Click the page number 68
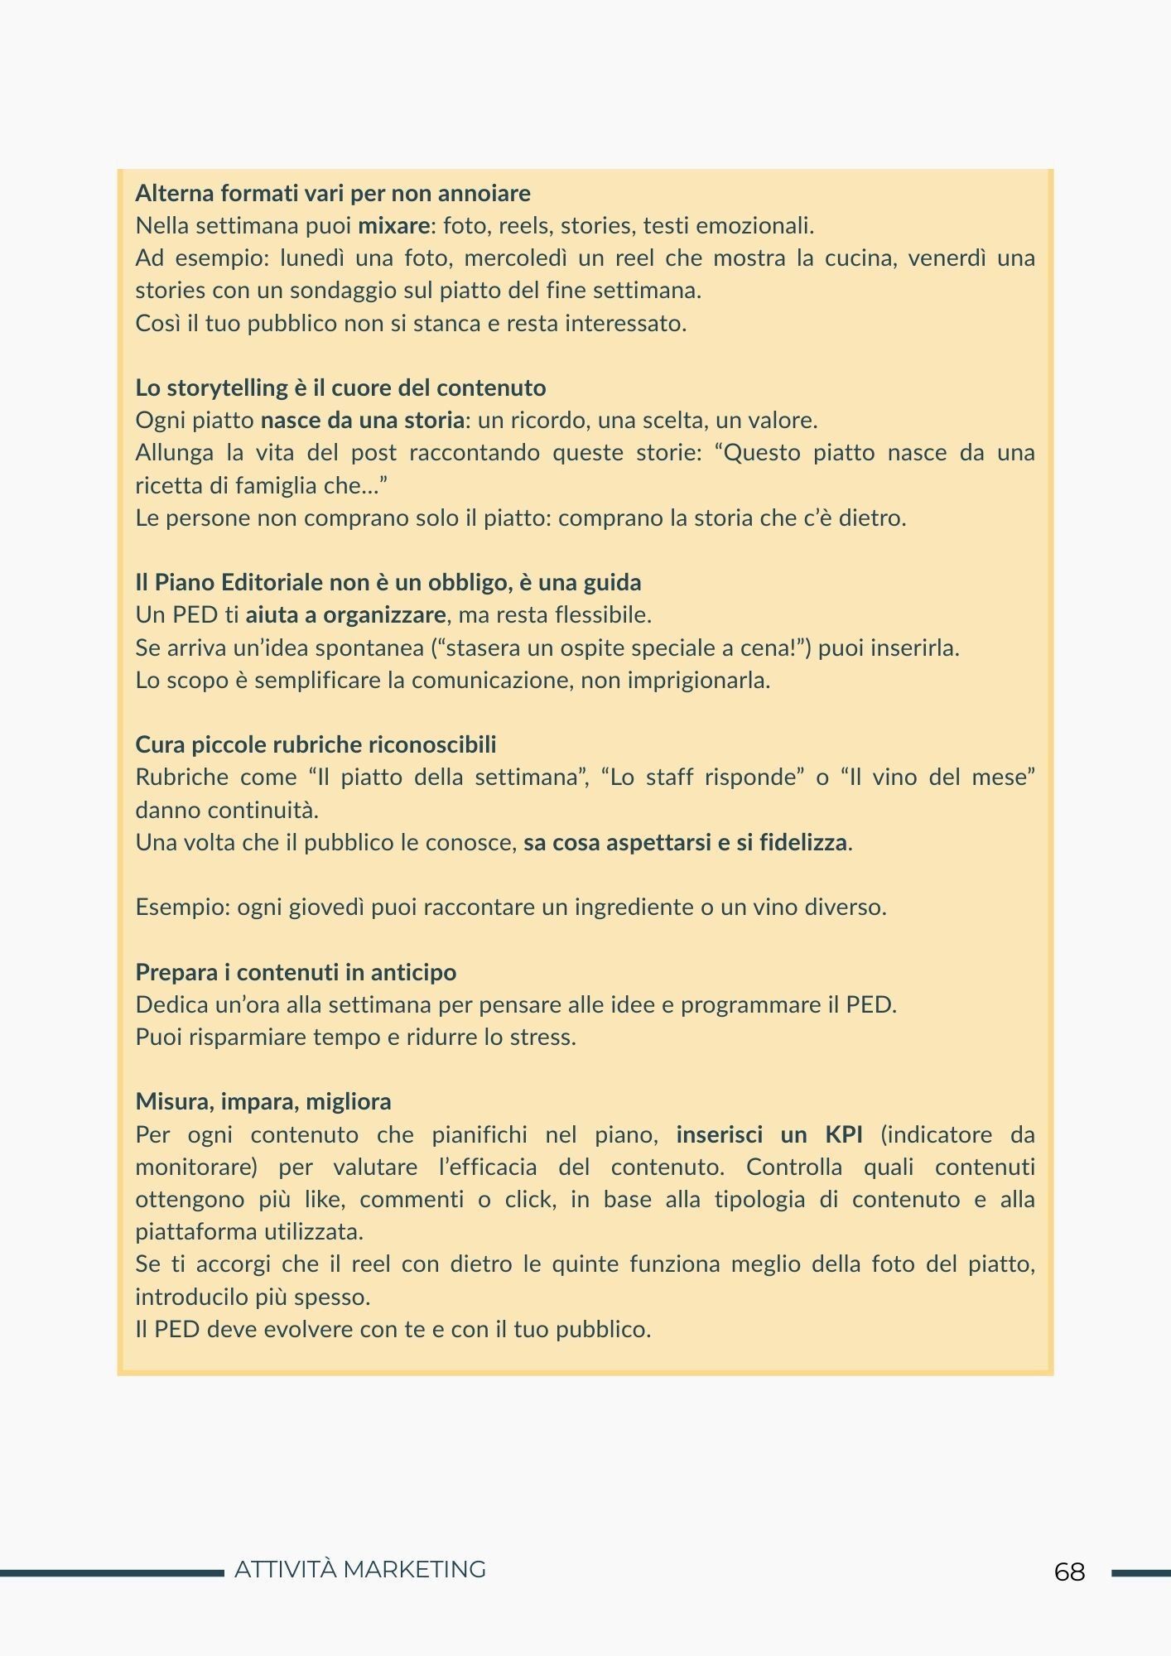point(1069,1572)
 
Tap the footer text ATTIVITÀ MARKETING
point(360,1569)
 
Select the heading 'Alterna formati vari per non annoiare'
point(333,193)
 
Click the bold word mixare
point(393,225)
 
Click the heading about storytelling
point(340,388)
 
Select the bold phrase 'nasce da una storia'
point(362,420)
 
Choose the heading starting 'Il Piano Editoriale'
point(388,582)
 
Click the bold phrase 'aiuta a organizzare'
point(345,614)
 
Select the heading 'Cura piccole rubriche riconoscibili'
point(316,744)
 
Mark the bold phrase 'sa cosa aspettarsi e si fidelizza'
point(686,842)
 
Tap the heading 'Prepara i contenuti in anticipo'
point(296,972)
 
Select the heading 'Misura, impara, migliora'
point(263,1101)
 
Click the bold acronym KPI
point(843,1134)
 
